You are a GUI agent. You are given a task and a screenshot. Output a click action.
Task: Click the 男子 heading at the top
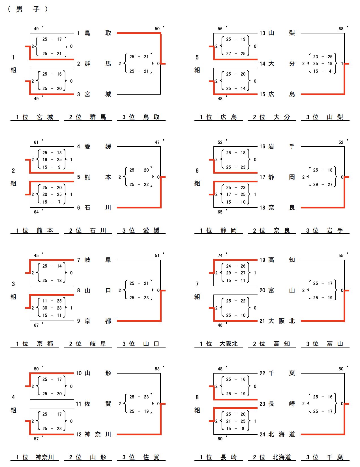click(28, 9)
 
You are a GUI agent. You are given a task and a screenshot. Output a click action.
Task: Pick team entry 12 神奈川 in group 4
click(94, 434)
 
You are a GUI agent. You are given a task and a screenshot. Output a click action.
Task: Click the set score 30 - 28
click(52, 308)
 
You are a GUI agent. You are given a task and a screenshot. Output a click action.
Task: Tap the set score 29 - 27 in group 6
click(323, 184)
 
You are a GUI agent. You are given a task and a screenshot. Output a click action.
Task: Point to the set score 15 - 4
click(322, 71)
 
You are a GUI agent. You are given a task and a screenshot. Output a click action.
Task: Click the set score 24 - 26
click(235, 266)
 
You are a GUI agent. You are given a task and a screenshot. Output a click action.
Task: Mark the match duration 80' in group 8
click(221, 439)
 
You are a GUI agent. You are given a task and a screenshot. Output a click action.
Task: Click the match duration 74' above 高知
click(221, 255)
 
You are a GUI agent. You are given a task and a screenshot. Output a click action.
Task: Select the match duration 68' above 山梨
click(342, 29)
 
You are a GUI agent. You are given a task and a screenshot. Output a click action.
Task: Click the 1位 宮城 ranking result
click(35, 117)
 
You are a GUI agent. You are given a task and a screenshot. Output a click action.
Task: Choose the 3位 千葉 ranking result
click(325, 457)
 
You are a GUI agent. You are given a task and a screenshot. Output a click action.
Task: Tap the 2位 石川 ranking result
click(88, 230)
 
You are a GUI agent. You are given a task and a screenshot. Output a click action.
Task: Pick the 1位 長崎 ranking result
click(218, 457)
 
